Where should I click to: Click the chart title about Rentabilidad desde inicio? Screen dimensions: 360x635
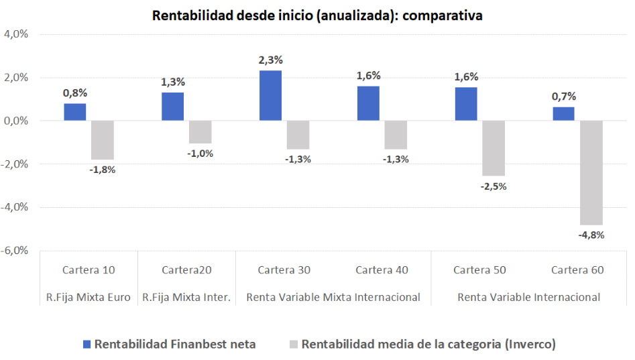coord(317,15)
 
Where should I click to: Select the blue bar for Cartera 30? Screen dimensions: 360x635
coord(270,96)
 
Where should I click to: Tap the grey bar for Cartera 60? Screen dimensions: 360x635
coord(591,172)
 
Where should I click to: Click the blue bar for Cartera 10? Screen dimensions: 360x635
coord(75,112)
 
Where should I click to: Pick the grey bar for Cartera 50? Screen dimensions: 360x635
coord(494,148)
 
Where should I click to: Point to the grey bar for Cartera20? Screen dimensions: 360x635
coord(200,132)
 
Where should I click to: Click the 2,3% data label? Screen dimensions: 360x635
coord(270,60)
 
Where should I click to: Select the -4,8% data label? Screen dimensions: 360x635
coord(591,235)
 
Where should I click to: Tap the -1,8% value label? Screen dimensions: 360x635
coord(103,170)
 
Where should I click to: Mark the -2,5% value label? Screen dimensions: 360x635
coord(494,186)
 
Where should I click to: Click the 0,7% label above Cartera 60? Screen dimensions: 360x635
coord(563,97)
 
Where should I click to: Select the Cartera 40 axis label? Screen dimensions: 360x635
coord(382,270)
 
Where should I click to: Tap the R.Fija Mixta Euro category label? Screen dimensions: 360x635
coord(89,296)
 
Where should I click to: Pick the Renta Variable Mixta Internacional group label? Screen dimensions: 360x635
coord(333,296)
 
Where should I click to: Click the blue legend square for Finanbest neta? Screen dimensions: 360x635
coord(86,345)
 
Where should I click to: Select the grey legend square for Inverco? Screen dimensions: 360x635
coord(292,345)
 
